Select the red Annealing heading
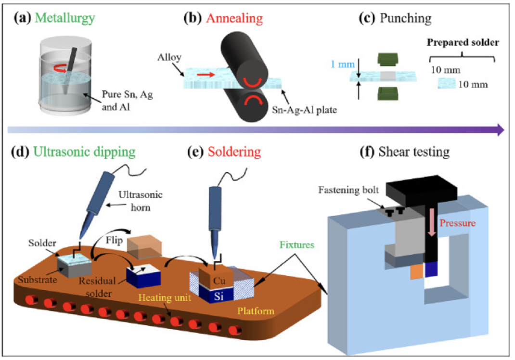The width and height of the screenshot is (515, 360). [x=235, y=19]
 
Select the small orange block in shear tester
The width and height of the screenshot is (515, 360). [x=416, y=272]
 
